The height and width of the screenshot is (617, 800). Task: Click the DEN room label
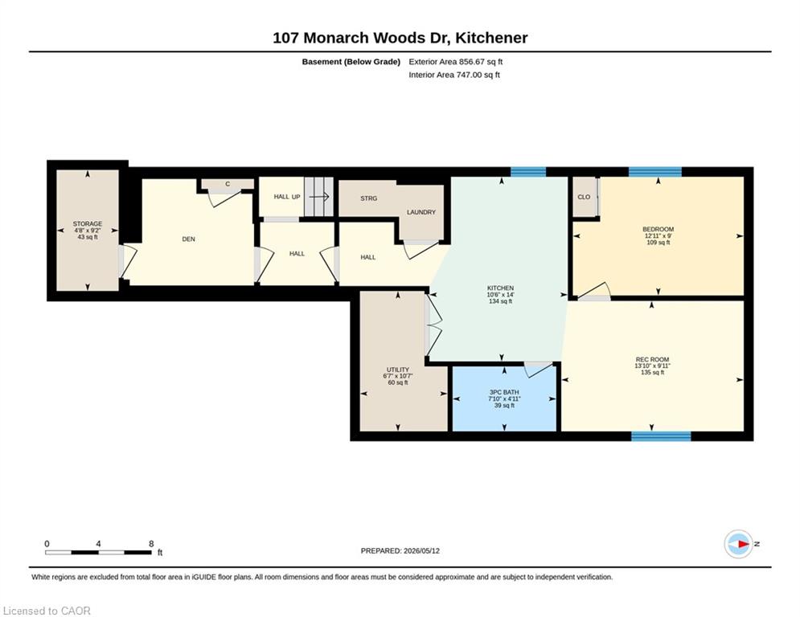click(188, 239)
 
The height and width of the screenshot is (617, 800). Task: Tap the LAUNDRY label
click(421, 212)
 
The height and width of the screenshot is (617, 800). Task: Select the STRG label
click(368, 198)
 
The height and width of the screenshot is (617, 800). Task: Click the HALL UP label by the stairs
click(287, 197)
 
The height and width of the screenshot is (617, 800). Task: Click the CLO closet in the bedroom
click(584, 197)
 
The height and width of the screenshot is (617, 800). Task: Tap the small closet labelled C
click(228, 184)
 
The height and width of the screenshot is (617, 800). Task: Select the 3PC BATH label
click(504, 392)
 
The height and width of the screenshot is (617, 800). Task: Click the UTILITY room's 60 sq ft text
click(398, 382)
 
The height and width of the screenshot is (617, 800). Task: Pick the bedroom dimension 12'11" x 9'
click(658, 236)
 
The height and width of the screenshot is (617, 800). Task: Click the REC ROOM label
click(652, 359)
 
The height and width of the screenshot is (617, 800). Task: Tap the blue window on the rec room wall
click(661, 436)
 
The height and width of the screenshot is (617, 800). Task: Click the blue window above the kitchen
click(528, 172)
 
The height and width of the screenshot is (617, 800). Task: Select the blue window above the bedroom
click(655, 172)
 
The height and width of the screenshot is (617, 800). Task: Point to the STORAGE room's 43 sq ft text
click(88, 237)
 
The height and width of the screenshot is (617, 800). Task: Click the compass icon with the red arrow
click(739, 544)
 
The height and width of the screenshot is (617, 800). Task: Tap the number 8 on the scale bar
click(151, 544)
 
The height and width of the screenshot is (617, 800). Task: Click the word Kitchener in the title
click(491, 38)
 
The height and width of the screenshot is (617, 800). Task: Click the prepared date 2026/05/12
click(421, 550)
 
